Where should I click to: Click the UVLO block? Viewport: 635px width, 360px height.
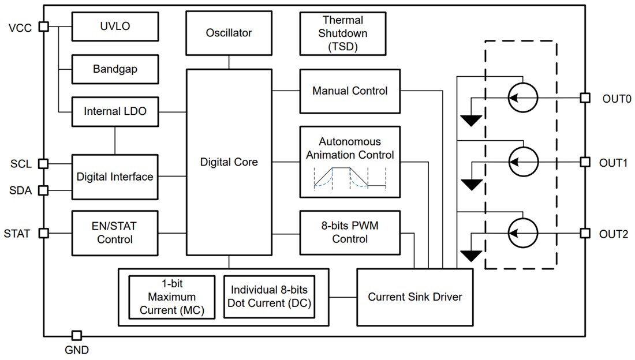pyautogui.click(x=114, y=27)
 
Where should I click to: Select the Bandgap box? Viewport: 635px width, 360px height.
pyautogui.click(x=114, y=69)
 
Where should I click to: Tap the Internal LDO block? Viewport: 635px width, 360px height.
pyautogui.click(x=114, y=111)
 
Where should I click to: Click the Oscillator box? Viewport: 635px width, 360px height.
pyautogui.click(x=229, y=33)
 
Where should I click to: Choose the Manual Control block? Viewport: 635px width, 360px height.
pyautogui.click(x=349, y=91)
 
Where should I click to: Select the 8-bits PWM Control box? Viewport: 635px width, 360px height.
pyautogui.click(x=349, y=232)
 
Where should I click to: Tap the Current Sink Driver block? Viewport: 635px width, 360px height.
pyautogui.click(x=415, y=297)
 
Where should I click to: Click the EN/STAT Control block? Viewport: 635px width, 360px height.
pyautogui.click(x=114, y=233)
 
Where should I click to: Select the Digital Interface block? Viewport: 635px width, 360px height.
pyautogui.click(x=114, y=177)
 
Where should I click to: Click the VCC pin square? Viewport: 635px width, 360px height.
pyautogui.click(x=43, y=27)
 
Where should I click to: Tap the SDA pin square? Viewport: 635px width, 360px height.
pyautogui.click(x=43, y=190)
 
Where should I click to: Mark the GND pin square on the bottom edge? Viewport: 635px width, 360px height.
pyautogui.click(x=76, y=336)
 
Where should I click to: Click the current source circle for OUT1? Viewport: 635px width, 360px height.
pyautogui.click(x=522, y=163)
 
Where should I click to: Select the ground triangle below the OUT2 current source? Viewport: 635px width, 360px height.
pyautogui.click(x=472, y=256)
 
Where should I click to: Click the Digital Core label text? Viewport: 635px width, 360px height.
pyautogui.click(x=229, y=162)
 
